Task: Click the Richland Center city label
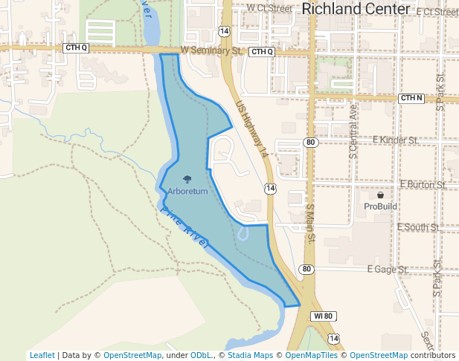[356, 9]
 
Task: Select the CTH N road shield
[411, 98]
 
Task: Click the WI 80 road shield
[323, 316]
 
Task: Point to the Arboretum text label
[187, 192]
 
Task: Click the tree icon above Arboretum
[187, 179]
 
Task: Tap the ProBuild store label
[380, 206]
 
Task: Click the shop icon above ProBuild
[380, 195]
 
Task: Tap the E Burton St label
[423, 183]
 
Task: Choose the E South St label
[418, 227]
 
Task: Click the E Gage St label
[388, 269]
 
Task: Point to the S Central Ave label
[353, 131]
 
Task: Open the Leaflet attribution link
[42, 355]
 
